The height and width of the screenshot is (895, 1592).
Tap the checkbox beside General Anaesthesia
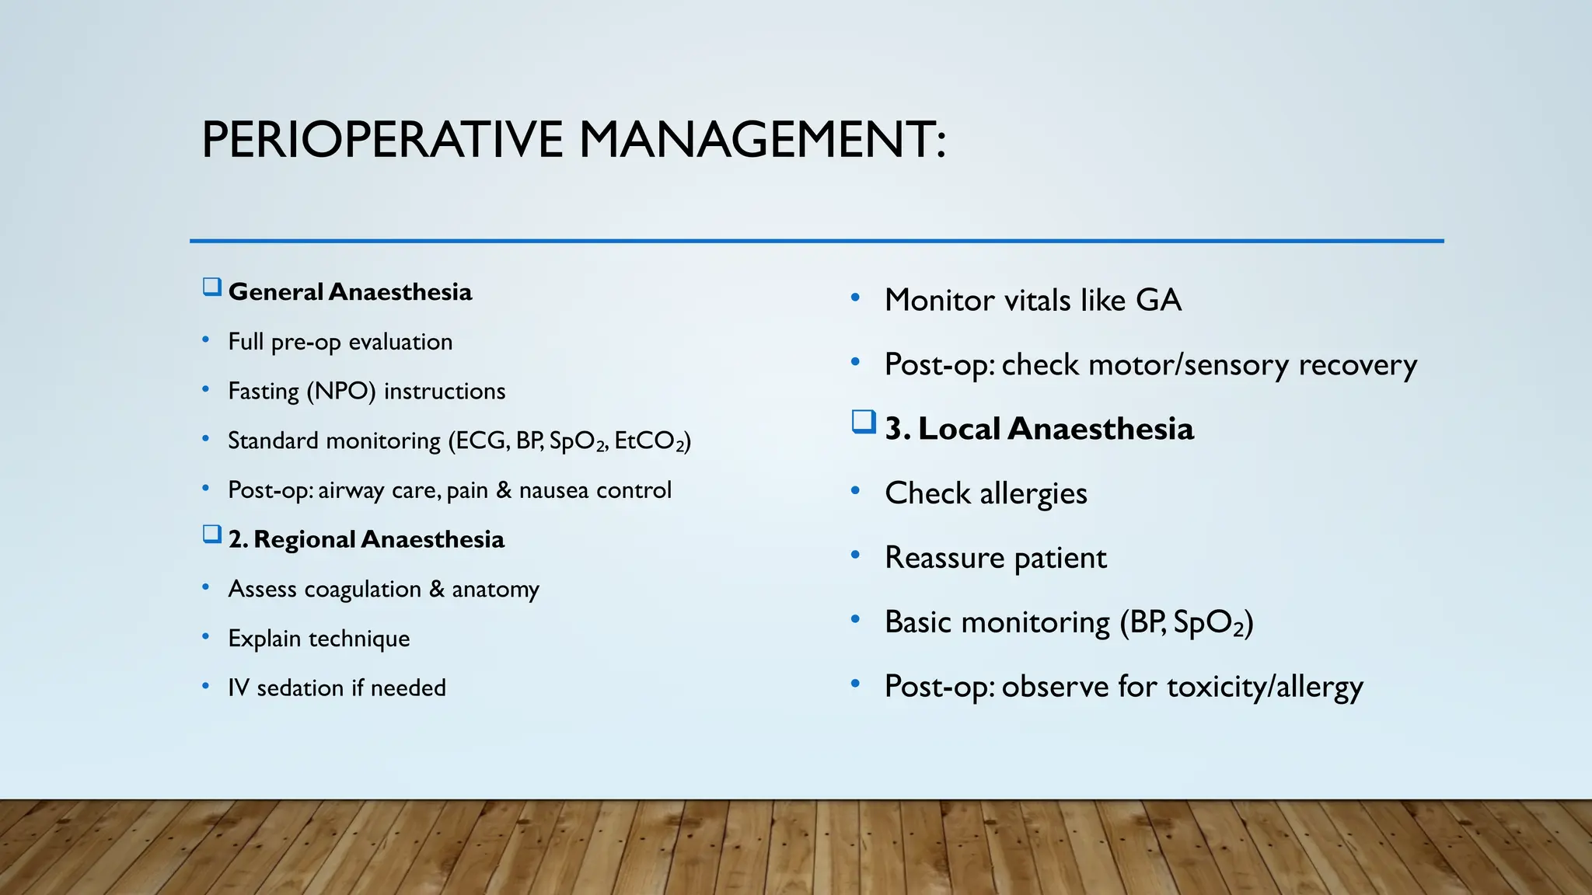click(211, 287)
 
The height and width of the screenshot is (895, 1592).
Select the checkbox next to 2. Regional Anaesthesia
click(211, 535)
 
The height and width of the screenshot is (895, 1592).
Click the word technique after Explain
click(358, 639)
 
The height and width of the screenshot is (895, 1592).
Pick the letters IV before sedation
click(238, 688)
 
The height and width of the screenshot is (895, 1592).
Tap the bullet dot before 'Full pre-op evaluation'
click(205, 340)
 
